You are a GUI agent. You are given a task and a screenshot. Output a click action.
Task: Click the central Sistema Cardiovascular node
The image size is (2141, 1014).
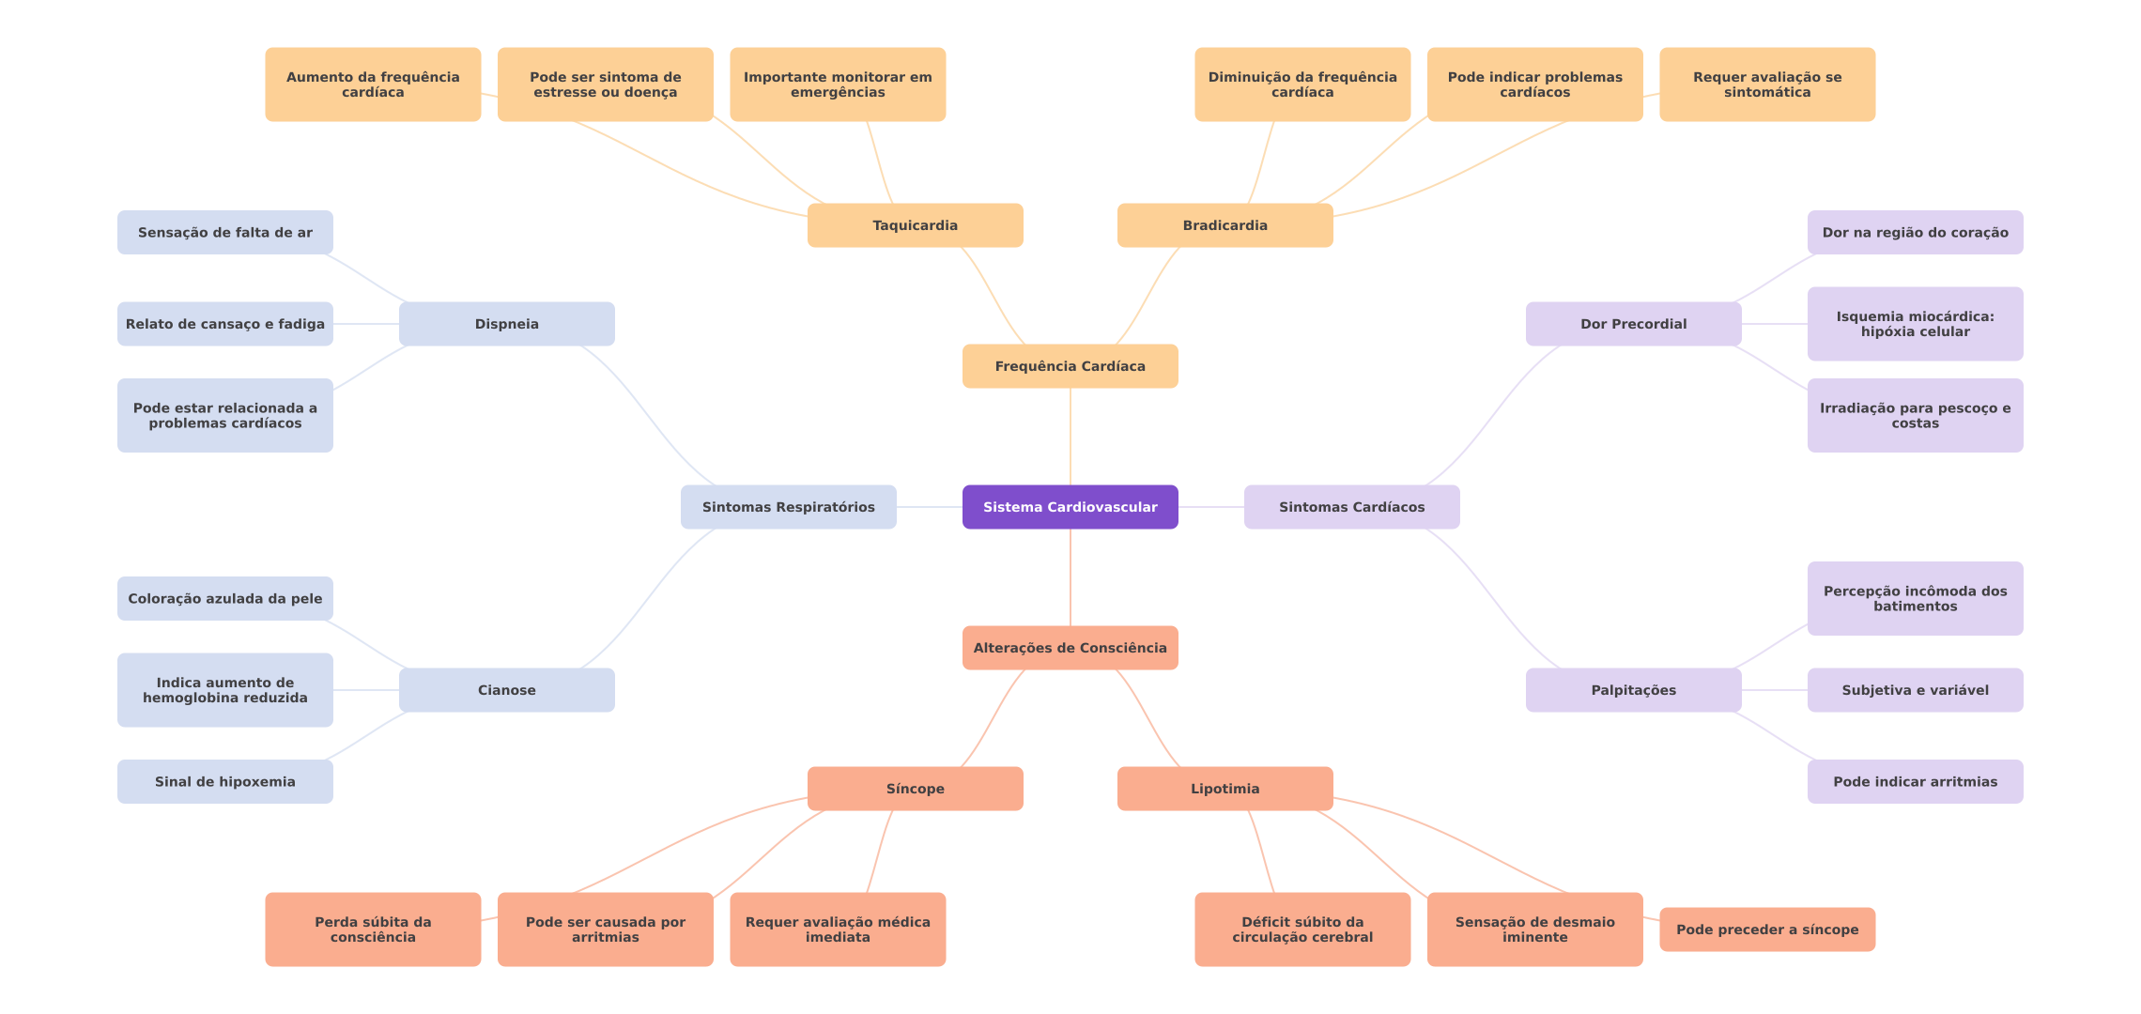pyautogui.click(x=1070, y=507)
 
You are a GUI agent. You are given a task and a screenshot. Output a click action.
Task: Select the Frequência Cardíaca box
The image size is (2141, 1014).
pyautogui.click(x=1070, y=366)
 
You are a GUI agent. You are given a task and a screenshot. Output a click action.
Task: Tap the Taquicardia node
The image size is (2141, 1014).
pyautogui.click(x=915, y=225)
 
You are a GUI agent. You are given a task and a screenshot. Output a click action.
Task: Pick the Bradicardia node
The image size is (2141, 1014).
pyautogui.click(x=1225, y=225)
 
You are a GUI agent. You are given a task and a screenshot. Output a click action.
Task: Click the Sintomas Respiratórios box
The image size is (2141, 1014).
pyautogui.click(x=788, y=507)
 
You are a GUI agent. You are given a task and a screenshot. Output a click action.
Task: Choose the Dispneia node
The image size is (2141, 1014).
pyautogui.click(x=506, y=324)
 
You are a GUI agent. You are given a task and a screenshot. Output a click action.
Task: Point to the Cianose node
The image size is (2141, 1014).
pyautogui.click(x=506, y=690)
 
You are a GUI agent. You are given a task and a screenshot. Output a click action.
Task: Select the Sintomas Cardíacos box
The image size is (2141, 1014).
pyautogui.click(x=1351, y=507)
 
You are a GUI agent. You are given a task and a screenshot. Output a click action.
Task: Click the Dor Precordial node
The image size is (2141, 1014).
pyautogui.click(x=1633, y=324)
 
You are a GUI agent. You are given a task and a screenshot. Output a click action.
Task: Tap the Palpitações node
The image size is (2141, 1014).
pyautogui.click(x=1633, y=690)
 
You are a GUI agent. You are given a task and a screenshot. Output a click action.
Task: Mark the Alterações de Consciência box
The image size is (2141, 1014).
pyautogui.click(x=1070, y=648)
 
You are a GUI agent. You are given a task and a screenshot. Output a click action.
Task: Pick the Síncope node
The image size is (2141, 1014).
pyautogui.click(x=915, y=789)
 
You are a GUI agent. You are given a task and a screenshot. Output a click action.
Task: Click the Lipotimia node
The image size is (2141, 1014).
pyautogui.click(x=1225, y=789)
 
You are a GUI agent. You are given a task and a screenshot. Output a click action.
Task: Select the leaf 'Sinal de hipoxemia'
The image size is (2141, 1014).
pyautogui.click(x=224, y=781)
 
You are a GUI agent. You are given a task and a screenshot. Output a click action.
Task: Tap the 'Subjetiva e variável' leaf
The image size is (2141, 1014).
pyautogui.click(x=1915, y=690)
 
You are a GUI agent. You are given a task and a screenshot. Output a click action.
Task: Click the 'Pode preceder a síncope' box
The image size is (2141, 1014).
pyautogui.click(x=1766, y=929)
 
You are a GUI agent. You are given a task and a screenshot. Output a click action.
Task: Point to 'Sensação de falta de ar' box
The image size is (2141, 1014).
pyautogui.click(x=224, y=232)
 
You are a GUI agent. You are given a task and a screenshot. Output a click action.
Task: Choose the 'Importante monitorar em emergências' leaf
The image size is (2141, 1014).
pyautogui.click(x=837, y=84)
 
